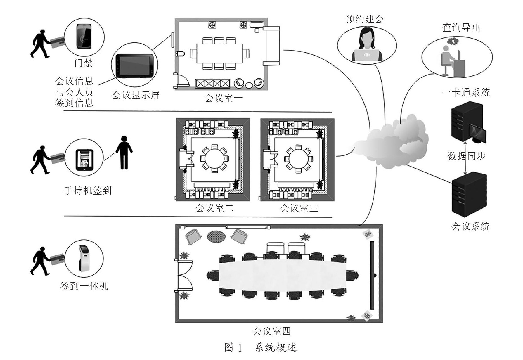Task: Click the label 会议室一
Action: coord(223,98)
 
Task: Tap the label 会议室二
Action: coord(214,208)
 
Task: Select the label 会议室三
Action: coord(299,208)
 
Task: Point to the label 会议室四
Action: coord(271,331)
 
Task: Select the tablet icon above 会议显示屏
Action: coord(134,66)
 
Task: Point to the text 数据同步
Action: coord(466,156)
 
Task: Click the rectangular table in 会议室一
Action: coord(219,53)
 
